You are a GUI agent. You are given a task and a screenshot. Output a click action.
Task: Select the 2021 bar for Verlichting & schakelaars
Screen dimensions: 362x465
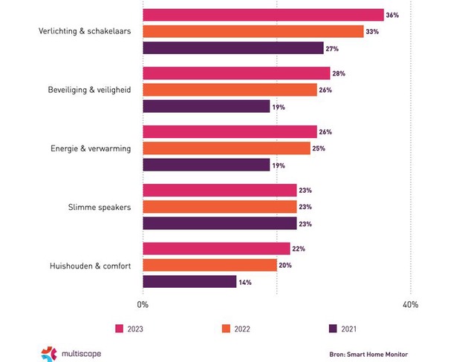click(x=232, y=48)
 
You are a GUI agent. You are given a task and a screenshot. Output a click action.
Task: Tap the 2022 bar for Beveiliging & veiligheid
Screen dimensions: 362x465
click(x=230, y=90)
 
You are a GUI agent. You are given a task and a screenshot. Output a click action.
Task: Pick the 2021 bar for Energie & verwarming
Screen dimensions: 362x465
click(x=206, y=165)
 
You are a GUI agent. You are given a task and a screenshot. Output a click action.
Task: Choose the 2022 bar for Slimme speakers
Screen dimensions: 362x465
click(x=219, y=206)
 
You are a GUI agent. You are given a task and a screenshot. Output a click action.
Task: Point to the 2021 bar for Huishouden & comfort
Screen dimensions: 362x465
click(x=189, y=281)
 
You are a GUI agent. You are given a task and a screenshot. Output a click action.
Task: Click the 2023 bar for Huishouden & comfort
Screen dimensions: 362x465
click(x=216, y=249)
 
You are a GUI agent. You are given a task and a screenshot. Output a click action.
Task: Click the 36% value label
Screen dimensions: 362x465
click(x=393, y=15)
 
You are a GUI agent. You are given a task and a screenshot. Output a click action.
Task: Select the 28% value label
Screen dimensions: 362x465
click(x=339, y=73)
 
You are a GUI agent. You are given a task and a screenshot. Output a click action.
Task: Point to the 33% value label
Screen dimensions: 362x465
click(x=372, y=32)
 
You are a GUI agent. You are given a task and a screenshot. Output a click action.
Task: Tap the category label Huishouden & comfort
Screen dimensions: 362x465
click(x=89, y=265)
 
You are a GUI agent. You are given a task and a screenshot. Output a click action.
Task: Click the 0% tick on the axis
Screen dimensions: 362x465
click(x=143, y=304)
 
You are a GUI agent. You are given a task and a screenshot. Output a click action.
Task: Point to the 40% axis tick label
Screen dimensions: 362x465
click(x=410, y=304)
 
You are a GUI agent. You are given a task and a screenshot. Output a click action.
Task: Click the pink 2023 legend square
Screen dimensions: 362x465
click(x=119, y=328)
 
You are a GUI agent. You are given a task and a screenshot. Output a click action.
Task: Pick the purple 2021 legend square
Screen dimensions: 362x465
click(x=332, y=328)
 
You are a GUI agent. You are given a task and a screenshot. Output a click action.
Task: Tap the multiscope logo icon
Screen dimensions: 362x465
click(x=49, y=354)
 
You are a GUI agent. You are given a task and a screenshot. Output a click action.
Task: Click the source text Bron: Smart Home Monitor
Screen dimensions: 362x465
click(x=368, y=355)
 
